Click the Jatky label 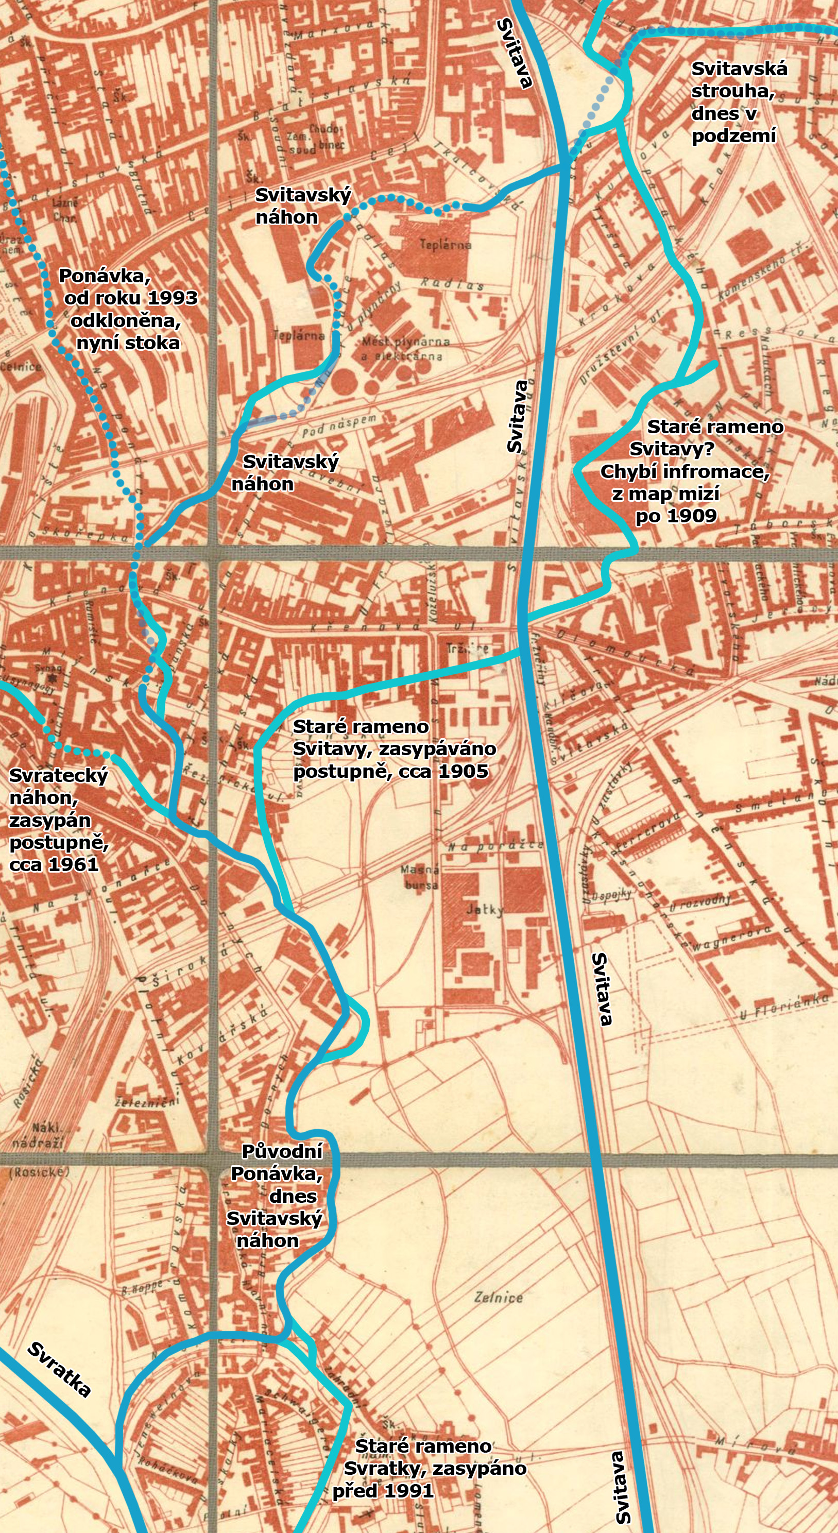(485, 909)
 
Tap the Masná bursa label (420, 877)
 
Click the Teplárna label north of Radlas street (445, 244)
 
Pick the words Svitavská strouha (739, 80)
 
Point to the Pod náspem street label (339, 426)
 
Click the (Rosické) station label (39, 1172)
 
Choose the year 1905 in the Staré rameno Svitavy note (463, 771)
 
